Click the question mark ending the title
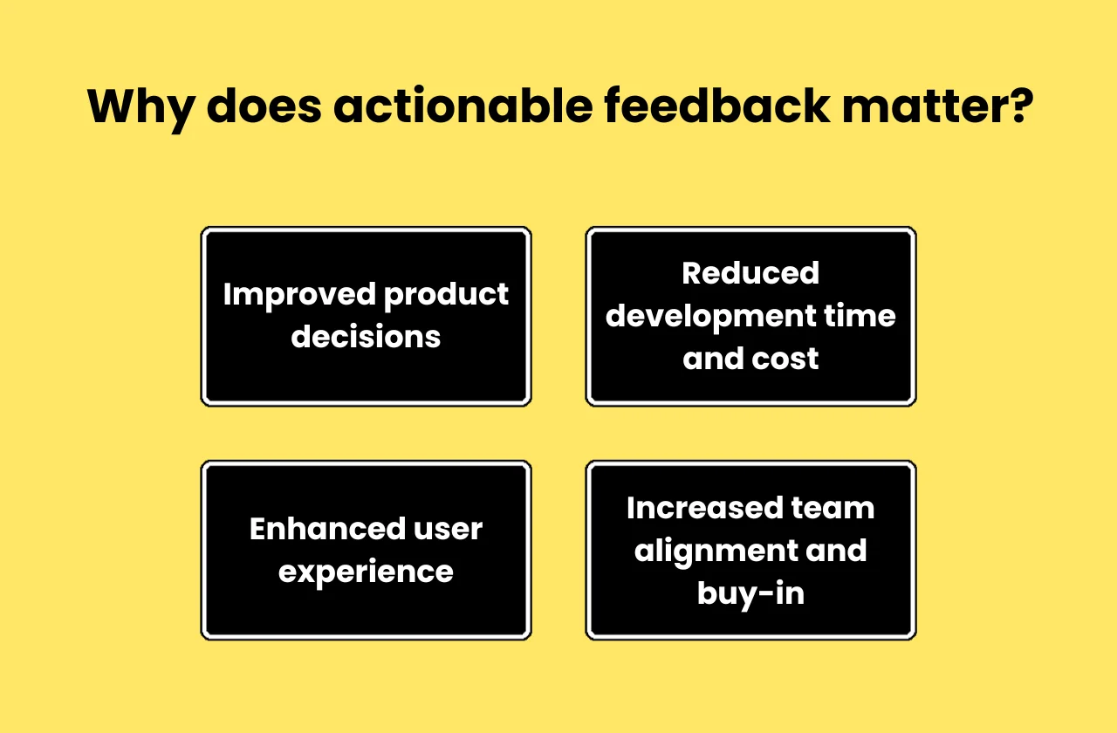1019,106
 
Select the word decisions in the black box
366,337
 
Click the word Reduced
750,273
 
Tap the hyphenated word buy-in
750,594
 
